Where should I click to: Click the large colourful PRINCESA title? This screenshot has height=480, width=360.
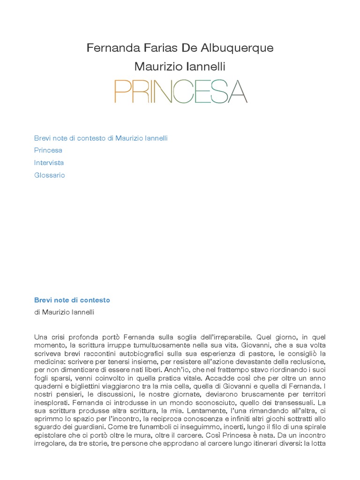point(180,91)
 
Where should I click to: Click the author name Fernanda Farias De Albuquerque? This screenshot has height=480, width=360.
point(180,48)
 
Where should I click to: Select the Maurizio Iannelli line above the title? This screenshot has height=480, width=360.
point(180,67)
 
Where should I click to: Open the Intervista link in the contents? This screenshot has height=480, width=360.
point(49,163)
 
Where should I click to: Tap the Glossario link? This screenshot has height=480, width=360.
point(49,175)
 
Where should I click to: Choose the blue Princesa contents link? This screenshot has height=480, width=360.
point(48,150)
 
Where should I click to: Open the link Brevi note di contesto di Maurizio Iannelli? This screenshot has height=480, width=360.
point(101,138)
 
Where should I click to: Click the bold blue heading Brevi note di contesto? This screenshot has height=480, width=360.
point(72,300)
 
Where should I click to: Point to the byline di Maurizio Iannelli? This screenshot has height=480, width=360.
point(64,312)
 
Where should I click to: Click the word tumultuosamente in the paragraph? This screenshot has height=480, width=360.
point(157,345)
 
